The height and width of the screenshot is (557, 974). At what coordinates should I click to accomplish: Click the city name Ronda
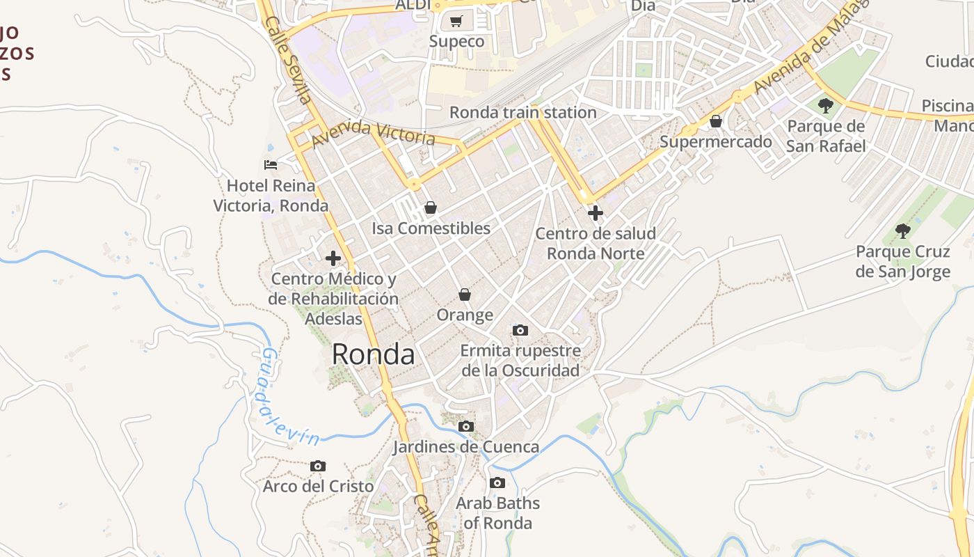coord(373,354)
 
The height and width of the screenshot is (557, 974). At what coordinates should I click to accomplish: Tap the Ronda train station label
coord(522,112)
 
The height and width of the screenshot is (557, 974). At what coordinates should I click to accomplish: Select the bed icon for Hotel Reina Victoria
coord(271,165)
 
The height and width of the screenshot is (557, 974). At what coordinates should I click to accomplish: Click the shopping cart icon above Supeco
coord(456,22)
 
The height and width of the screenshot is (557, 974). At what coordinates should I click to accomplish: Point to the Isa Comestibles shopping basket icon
coord(431,207)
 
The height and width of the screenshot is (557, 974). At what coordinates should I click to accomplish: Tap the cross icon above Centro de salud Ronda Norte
coord(595,213)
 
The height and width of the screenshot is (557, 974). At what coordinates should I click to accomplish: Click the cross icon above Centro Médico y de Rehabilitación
coord(333,258)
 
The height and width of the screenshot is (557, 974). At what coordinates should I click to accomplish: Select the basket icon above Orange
coord(465,295)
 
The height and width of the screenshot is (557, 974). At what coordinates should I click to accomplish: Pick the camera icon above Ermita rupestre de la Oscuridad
coord(520,330)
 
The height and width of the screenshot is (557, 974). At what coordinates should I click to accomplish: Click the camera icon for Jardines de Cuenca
coord(466,426)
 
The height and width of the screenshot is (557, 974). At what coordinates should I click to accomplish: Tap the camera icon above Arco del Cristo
coord(318,466)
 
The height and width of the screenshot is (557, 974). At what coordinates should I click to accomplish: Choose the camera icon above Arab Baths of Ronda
coord(497,483)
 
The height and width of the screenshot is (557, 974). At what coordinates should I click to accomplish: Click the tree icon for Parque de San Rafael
coord(826,106)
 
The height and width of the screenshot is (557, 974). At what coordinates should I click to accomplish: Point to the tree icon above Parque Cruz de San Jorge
coord(902,230)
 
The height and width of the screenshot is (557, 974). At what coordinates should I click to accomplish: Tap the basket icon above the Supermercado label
coord(715,122)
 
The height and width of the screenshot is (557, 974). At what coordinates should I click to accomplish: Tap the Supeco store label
coord(456,41)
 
